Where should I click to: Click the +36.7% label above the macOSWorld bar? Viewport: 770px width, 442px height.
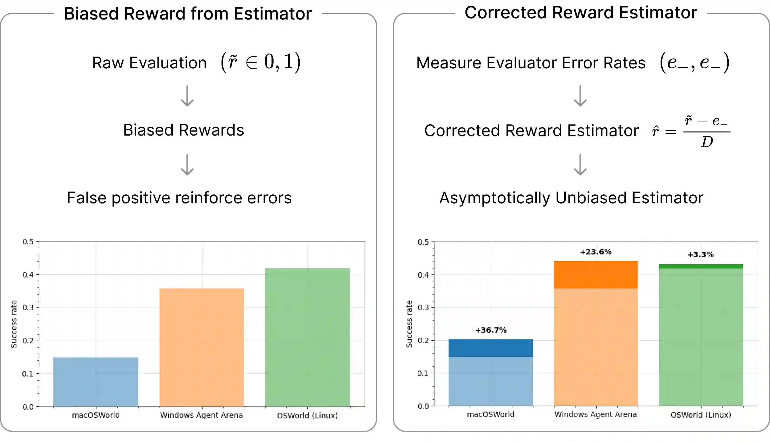tap(491, 330)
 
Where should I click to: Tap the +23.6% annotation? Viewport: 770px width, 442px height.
tap(596, 252)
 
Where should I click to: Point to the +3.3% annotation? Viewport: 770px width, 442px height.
tap(700, 254)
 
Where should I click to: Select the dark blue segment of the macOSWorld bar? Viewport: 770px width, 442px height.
tap(491, 348)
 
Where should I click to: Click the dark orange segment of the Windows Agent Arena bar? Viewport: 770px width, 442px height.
tap(596, 275)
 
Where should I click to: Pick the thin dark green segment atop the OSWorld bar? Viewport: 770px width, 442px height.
tap(701, 266)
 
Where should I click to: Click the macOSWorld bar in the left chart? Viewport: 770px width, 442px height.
tap(96, 382)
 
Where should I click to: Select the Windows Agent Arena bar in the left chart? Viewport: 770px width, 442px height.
tap(202, 347)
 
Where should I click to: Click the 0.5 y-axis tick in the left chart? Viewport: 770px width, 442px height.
tap(28, 242)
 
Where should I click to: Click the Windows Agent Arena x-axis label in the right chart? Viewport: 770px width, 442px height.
tap(595, 414)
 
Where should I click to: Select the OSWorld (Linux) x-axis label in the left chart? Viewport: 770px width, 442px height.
tap(307, 416)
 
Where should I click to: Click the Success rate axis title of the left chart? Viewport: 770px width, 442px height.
tap(14, 324)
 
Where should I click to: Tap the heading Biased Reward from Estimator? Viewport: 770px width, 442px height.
tap(188, 14)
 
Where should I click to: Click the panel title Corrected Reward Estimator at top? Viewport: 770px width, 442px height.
tap(581, 13)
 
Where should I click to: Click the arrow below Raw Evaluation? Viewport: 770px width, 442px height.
tap(187, 96)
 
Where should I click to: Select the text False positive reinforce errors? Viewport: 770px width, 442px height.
tap(179, 198)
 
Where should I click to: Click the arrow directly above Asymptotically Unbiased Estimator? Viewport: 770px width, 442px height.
tap(580, 165)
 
